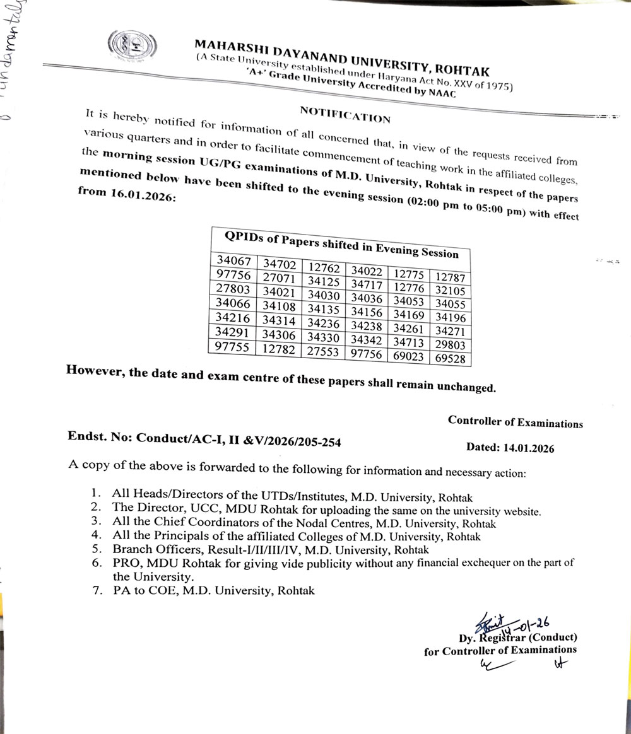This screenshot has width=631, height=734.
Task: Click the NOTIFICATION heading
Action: point(345,114)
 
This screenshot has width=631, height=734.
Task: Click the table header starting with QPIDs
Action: point(341,245)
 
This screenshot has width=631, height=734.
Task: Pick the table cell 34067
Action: point(234,261)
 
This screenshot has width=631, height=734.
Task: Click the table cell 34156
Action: point(367,312)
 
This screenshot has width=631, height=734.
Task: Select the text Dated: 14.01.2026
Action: point(510,448)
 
